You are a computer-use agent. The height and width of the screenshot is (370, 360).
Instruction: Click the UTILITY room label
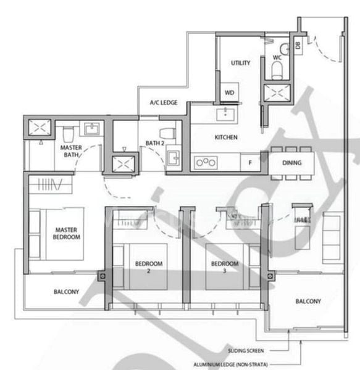point(240,63)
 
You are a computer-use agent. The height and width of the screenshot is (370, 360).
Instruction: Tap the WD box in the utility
point(230,92)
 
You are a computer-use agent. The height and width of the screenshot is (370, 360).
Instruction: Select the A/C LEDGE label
point(164,103)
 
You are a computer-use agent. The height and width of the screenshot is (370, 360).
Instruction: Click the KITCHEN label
point(226,138)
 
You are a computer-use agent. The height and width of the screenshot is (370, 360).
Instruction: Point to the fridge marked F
point(249,163)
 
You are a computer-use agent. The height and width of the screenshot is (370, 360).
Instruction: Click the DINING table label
point(291,163)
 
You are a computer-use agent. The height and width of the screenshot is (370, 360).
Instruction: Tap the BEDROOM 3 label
point(224,266)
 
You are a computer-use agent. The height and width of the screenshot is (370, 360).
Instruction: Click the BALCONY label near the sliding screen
point(308,302)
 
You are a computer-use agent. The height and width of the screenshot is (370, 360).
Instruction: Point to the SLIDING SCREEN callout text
point(245,350)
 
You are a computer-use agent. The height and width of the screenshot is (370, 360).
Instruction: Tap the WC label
point(277,57)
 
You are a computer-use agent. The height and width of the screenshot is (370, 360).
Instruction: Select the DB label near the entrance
point(297,45)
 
